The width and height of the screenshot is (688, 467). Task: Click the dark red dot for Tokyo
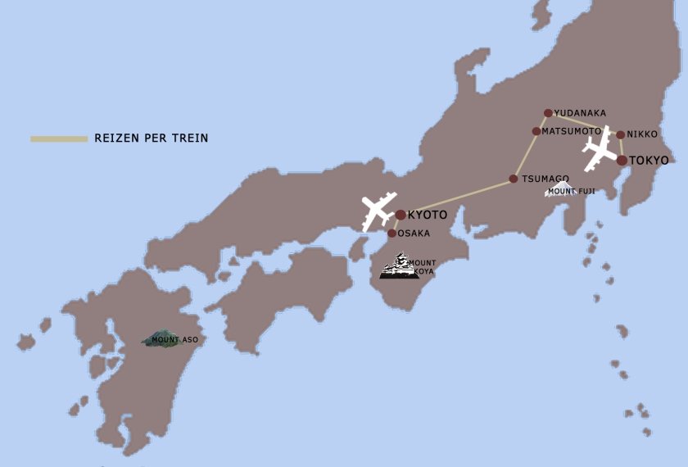pos(622,160)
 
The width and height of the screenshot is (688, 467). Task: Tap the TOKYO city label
pos(649,160)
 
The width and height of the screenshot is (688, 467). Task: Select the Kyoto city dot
pos(400,215)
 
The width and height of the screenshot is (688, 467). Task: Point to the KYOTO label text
pos(428,215)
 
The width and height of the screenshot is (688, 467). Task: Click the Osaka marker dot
pos(392,233)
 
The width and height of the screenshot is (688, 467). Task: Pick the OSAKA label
pos(414,233)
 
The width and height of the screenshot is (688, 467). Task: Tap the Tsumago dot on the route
pos(514,179)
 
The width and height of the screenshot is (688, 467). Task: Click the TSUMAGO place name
pos(545,179)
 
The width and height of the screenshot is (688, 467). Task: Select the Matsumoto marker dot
pos(536,131)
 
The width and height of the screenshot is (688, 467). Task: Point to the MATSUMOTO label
pos(572,131)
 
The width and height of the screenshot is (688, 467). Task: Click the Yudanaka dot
pos(548,113)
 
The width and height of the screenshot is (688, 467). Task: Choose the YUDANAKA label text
pos(580,113)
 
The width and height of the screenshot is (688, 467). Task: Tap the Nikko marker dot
pos(620,134)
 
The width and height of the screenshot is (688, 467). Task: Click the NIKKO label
pos(642,134)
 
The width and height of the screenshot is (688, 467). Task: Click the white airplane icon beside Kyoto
pos(378,211)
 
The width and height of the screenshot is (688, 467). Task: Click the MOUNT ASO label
pos(174,339)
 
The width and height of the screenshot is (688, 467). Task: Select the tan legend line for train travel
pos(59,138)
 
